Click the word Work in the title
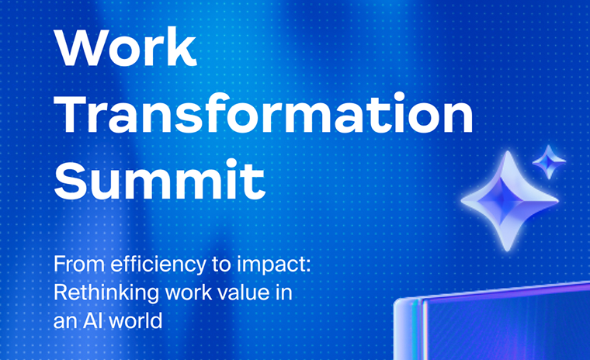(x=125, y=47)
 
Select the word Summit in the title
(x=160, y=179)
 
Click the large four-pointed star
(x=509, y=201)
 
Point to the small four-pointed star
(x=549, y=161)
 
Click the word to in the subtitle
(x=221, y=265)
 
